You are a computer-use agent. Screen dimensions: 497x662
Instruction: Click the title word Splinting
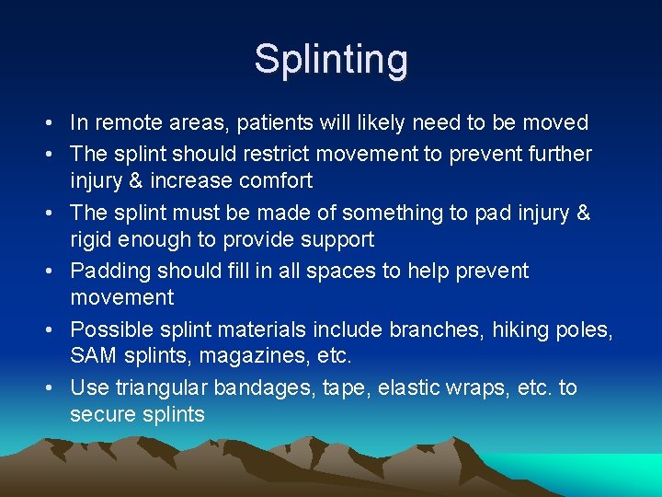coord(331,60)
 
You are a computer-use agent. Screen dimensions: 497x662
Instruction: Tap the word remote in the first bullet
coord(130,122)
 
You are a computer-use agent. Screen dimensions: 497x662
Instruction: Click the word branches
coord(434,329)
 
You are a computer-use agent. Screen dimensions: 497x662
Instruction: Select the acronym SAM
coord(91,355)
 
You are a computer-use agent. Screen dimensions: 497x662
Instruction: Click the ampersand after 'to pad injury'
coord(582,213)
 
